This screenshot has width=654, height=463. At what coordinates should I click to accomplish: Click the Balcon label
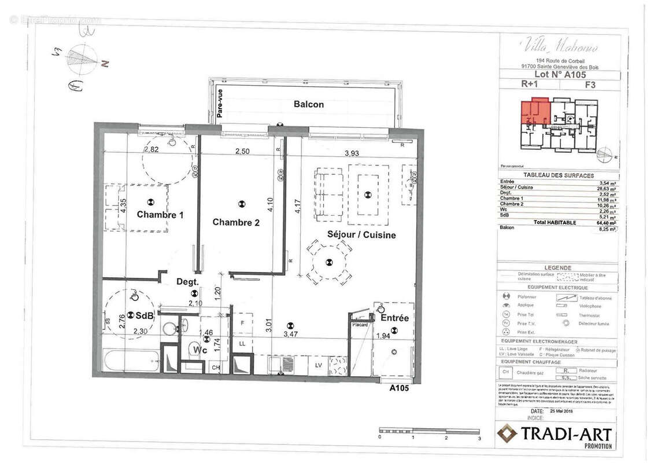(308, 105)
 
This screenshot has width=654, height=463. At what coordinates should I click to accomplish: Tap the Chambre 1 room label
(160, 215)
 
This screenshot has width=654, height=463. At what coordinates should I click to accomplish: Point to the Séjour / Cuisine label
(361, 235)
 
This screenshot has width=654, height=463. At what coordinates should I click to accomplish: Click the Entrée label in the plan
(394, 318)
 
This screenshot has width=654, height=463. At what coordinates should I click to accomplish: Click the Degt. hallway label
(188, 282)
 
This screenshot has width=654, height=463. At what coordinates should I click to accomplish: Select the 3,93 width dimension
(352, 153)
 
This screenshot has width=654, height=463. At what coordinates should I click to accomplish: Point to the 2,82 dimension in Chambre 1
(151, 149)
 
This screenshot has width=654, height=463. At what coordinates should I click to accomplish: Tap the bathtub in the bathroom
(130, 361)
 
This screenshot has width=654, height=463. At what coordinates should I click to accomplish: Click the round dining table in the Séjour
(329, 262)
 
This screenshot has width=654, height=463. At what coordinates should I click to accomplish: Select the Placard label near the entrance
(361, 325)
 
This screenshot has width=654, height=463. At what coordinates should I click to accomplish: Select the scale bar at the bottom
(429, 431)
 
